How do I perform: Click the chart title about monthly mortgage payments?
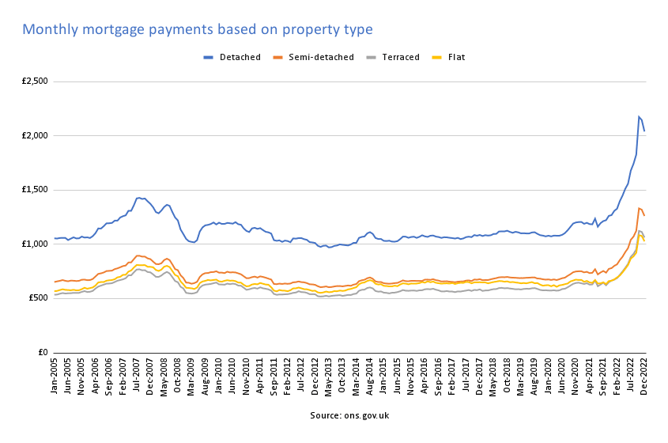pos(197,29)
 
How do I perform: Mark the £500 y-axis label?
pos(36,298)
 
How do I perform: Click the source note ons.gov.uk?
pos(349,415)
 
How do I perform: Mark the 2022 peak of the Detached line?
pos(639,116)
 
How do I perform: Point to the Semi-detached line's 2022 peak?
pos(639,208)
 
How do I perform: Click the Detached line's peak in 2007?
pos(139,198)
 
